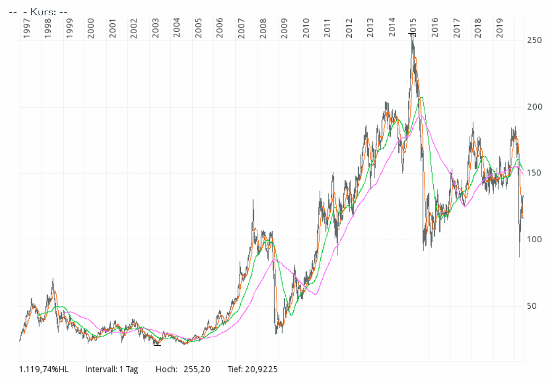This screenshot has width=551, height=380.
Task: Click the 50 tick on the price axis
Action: tap(534, 306)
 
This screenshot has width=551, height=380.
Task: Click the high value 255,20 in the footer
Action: tap(197, 369)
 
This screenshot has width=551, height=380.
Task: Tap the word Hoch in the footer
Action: tap(166, 369)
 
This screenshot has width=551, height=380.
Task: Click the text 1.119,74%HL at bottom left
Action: tap(44, 369)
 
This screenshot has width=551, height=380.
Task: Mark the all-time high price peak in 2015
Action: tap(412, 35)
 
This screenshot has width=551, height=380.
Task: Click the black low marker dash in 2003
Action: tap(157, 345)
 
